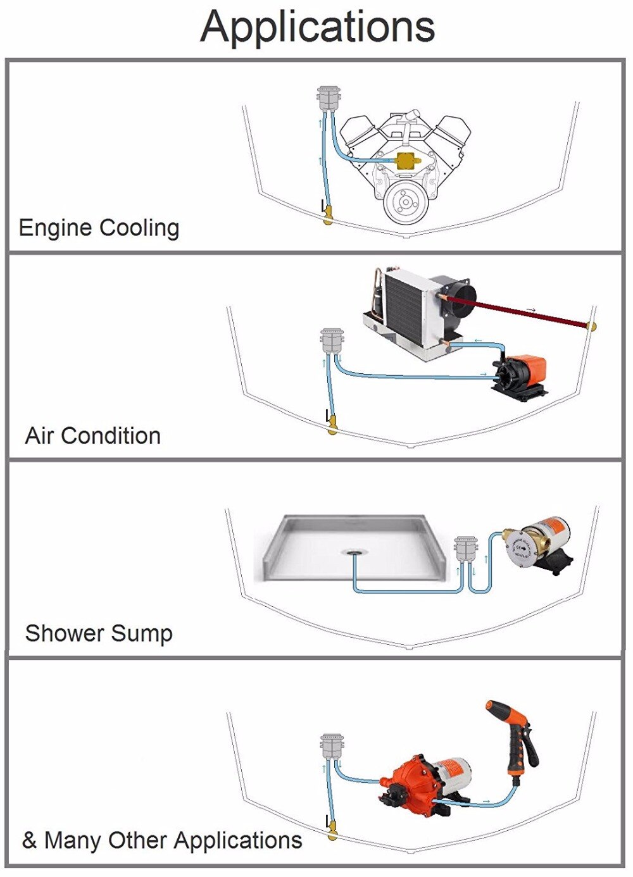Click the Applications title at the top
click(x=318, y=27)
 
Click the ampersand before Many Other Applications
click(x=30, y=840)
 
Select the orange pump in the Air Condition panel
click(x=522, y=375)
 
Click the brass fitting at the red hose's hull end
click(x=592, y=327)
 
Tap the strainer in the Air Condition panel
click(x=332, y=342)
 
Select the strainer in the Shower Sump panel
click(x=466, y=549)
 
